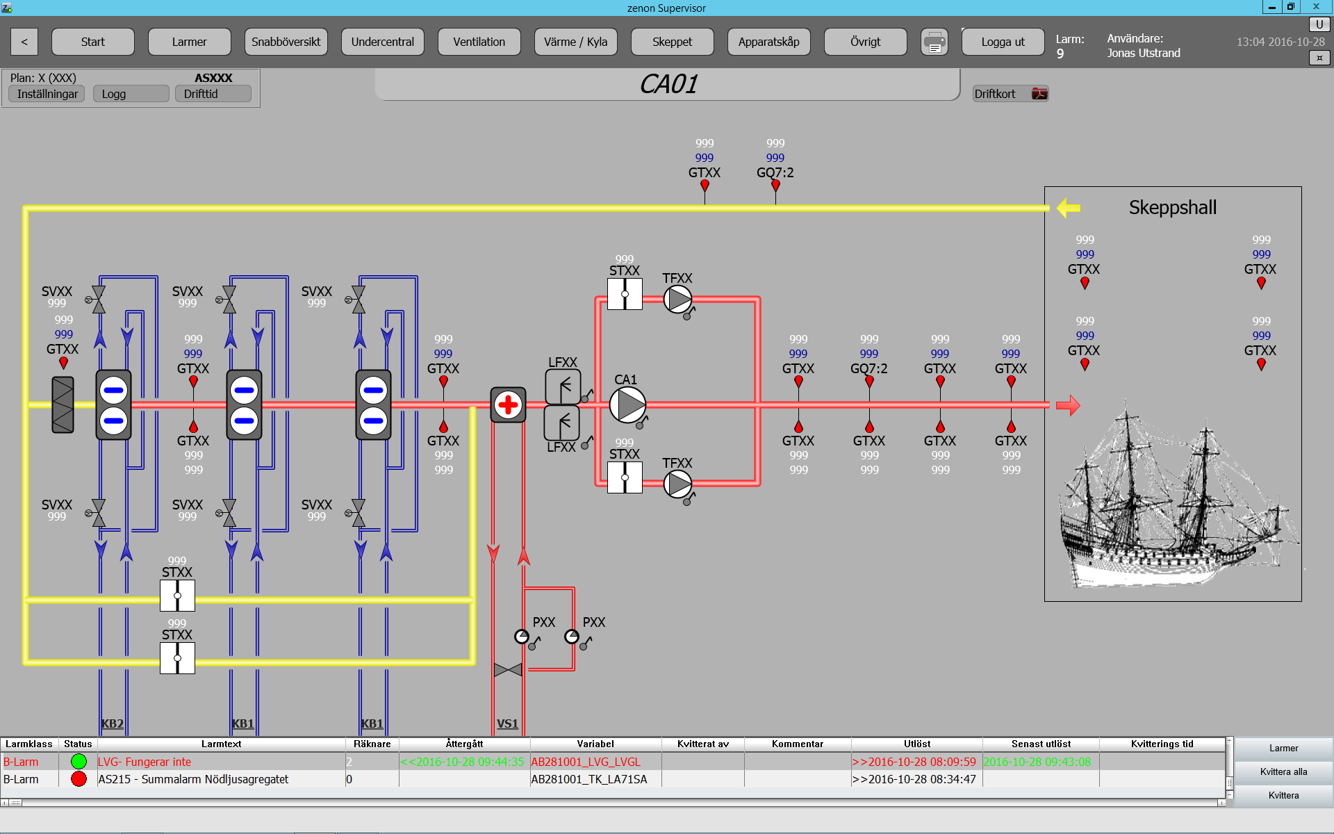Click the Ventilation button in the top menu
click(479, 42)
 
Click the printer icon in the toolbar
click(934, 42)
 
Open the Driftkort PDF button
click(1010, 94)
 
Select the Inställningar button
click(47, 94)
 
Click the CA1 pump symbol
click(627, 405)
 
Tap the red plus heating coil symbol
click(508, 404)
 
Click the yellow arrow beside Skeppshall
click(1069, 207)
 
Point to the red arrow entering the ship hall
click(1068, 405)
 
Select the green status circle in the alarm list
click(79, 762)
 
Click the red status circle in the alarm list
click(79, 779)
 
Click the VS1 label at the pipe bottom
click(507, 723)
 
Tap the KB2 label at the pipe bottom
click(112, 723)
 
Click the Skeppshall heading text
click(1173, 208)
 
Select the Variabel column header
click(595, 744)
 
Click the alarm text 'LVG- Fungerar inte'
click(145, 762)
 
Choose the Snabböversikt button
click(286, 42)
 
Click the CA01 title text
click(668, 84)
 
